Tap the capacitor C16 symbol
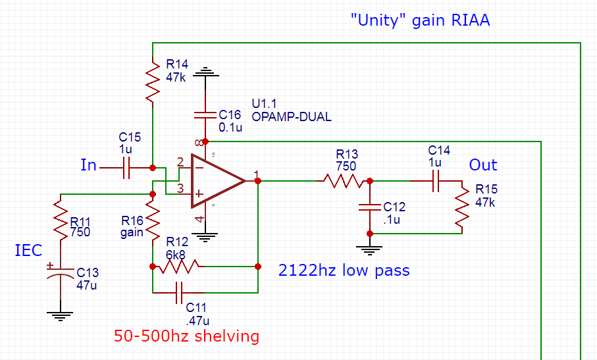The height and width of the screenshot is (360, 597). click(x=205, y=115)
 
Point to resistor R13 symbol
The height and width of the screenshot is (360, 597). click(x=342, y=180)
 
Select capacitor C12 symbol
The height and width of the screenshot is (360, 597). click(x=370, y=207)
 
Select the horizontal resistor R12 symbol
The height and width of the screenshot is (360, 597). click(x=178, y=267)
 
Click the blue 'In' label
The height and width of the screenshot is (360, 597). click(x=88, y=165)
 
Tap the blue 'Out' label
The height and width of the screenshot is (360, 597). click(x=482, y=165)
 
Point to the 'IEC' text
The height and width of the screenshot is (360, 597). click(x=28, y=251)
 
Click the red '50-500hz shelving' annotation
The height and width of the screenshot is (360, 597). click(x=186, y=336)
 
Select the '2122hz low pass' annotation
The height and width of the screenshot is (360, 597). click(x=344, y=270)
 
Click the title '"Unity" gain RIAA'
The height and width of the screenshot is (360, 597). click(x=420, y=20)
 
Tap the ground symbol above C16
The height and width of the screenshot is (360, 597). click(x=205, y=70)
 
